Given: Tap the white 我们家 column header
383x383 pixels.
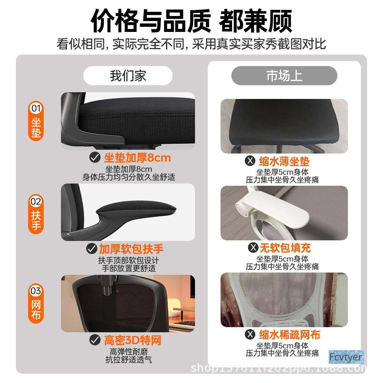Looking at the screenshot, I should [x=128, y=76].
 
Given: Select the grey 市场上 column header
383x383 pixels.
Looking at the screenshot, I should [x=284, y=76].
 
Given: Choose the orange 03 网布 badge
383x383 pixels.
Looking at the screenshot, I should [x=36, y=303].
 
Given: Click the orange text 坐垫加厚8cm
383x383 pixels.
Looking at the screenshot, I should [x=137, y=158].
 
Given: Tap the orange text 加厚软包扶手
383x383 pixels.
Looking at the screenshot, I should [x=131, y=248].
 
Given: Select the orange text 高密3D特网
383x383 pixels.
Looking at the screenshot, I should [x=132, y=340].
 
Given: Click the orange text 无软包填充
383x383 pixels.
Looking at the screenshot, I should [x=285, y=248].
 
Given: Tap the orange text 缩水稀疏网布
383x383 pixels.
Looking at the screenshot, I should [x=289, y=334].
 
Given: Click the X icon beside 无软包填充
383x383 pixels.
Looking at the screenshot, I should [x=253, y=247].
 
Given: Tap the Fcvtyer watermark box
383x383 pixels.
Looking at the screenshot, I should [x=346, y=357].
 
